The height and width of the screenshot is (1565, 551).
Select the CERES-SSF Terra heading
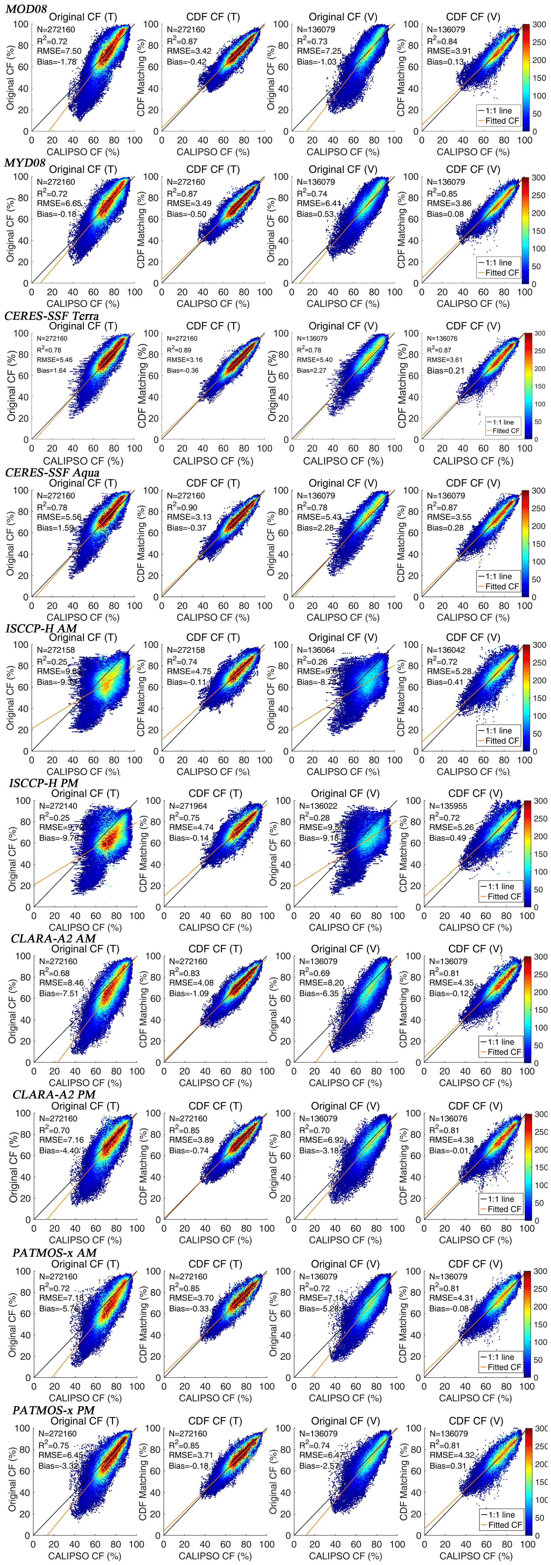click(x=52, y=316)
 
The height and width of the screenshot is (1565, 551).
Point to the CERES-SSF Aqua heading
click(x=52, y=472)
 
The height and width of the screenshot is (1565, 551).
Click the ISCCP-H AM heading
click(x=41, y=627)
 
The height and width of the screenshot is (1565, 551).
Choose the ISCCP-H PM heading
click(x=44, y=783)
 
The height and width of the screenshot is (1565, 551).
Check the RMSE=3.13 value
click(x=189, y=517)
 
